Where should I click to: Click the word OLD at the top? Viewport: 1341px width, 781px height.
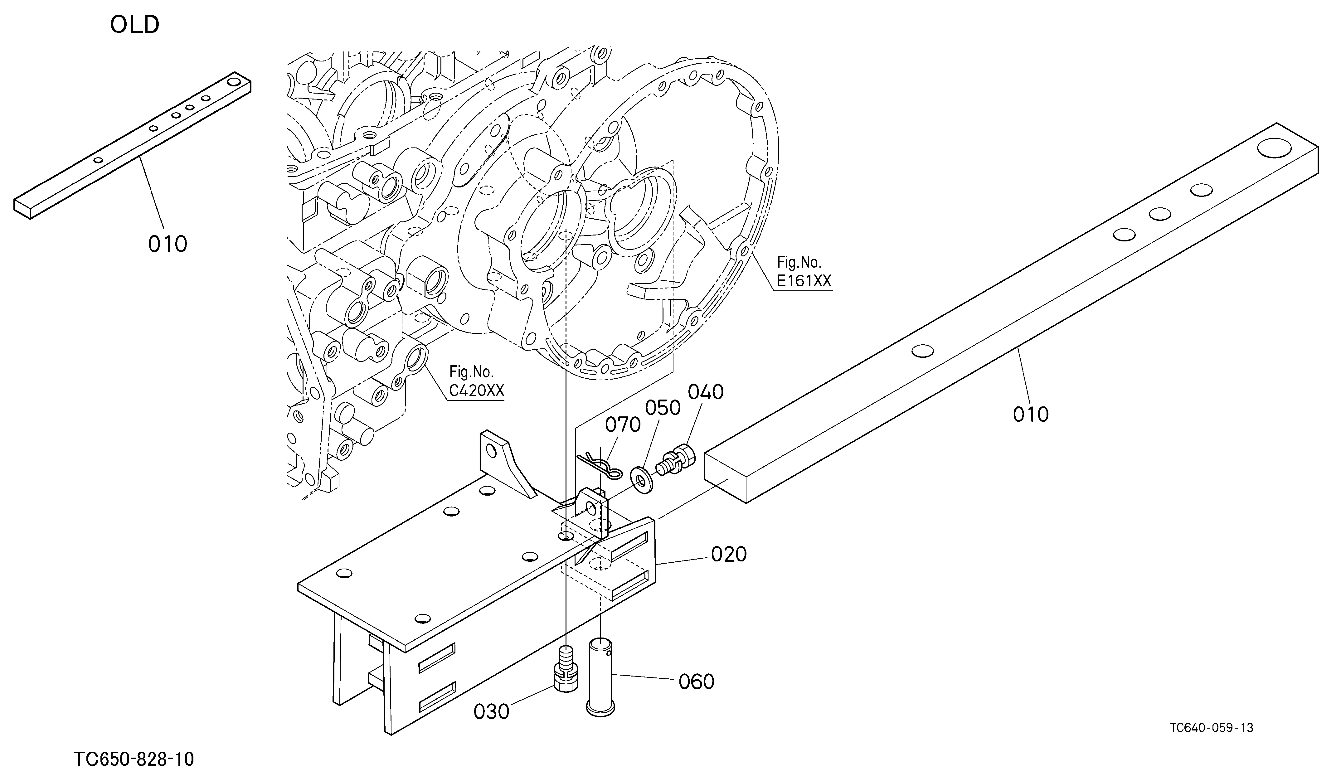tap(135, 25)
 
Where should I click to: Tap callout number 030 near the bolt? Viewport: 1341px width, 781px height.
tap(492, 712)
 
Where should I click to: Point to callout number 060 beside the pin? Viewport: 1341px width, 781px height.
tap(696, 682)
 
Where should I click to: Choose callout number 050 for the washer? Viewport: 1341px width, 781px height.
tap(663, 408)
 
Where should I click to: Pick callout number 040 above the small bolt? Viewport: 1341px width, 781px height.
tap(706, 392)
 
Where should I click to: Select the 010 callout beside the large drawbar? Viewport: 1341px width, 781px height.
tap(1031, 415)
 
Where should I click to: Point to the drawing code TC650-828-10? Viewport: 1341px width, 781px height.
tap(134, 759)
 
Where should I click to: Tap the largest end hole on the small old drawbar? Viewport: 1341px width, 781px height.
tap(233, 82)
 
